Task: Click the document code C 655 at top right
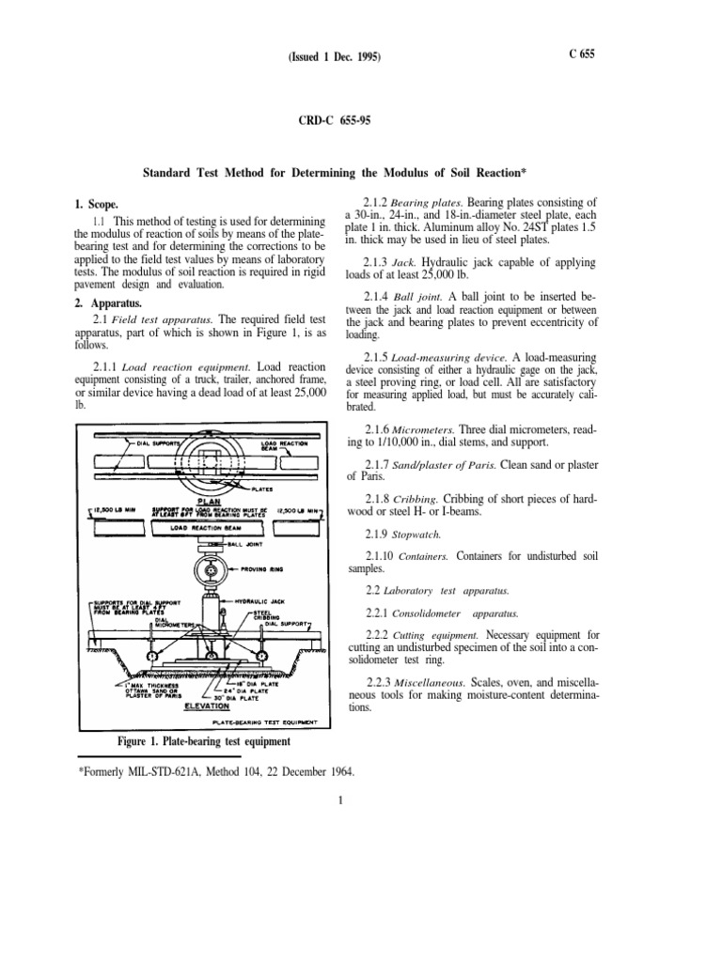coord(581,54)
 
